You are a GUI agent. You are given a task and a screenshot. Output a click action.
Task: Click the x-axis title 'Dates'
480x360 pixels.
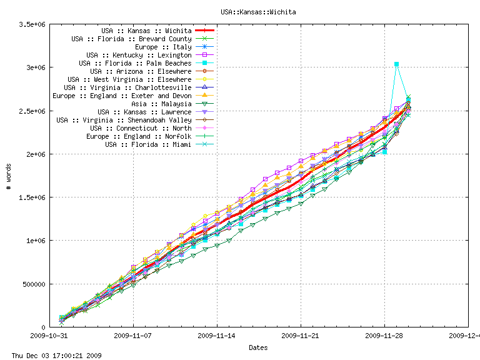coord(259,347)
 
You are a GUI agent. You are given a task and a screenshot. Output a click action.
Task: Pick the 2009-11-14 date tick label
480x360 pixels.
coord(217,335)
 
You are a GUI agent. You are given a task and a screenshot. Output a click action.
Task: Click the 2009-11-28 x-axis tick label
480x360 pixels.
coord(384,335)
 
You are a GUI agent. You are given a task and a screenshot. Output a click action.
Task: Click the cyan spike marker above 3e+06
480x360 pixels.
coord(396,64)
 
